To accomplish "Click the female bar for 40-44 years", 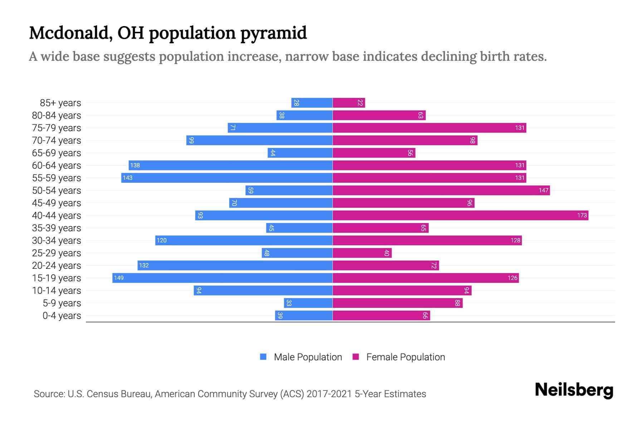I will coord(460,215).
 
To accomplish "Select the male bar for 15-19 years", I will coord(223,278).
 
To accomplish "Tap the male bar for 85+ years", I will coord(312,103).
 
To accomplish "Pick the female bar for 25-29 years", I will coord(362,253).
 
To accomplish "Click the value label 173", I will coord(582,215).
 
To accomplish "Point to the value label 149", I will coord(119,278).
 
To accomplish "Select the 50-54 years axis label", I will coord(57,190).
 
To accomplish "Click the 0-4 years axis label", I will coord(62,315).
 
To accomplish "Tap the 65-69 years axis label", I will coord(57,153).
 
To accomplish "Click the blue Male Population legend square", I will coord(263,357).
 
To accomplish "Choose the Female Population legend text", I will coord(405,357).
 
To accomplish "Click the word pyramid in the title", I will coord(273,33).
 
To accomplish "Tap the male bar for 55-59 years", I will coord(227,178).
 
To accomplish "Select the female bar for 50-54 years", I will coord(441,190).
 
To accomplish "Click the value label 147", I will coord(543,190).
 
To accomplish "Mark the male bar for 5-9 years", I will coord(308,303).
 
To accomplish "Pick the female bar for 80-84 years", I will coord(379,115).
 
